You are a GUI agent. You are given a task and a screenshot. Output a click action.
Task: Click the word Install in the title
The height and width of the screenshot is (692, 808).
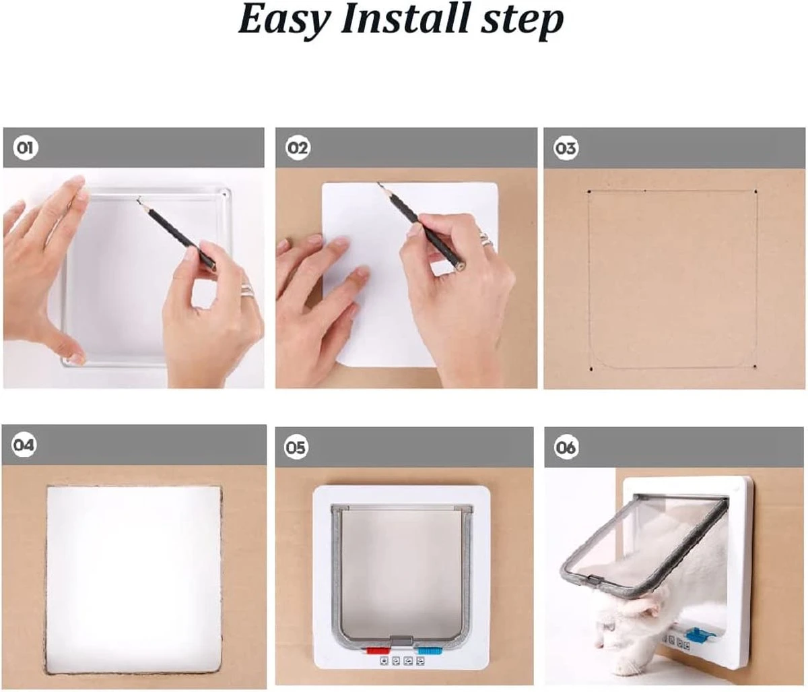(404, 19)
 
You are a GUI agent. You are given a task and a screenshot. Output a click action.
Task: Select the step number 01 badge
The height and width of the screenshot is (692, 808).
(26, 148)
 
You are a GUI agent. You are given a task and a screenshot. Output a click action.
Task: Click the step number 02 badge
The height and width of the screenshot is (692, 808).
(297, 148)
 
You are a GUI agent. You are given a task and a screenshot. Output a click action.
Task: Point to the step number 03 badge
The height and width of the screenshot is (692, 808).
(566, 148)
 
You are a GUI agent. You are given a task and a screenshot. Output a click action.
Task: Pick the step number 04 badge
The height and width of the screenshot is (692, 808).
(24, 445)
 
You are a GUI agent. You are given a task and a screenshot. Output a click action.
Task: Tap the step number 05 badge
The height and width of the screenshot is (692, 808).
(296, 447)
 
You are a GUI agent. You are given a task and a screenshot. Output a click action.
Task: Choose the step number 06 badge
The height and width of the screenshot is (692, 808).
(566, 447)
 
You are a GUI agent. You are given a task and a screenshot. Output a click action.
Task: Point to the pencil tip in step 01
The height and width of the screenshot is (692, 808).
(139, 201)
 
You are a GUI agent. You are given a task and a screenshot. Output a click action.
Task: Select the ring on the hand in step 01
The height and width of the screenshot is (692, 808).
(247, 290)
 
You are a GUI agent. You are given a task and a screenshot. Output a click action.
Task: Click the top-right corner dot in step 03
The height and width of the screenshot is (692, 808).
(756, 192)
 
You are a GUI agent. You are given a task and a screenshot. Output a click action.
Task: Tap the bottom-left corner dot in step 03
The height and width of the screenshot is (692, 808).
(591, 369)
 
